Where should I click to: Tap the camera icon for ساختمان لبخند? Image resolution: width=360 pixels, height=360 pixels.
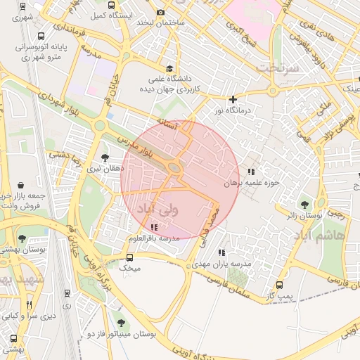161,12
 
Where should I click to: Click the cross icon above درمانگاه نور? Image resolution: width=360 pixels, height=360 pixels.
233,99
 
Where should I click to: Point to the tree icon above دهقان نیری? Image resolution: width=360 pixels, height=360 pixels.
105,157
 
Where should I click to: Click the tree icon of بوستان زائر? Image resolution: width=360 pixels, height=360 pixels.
304,204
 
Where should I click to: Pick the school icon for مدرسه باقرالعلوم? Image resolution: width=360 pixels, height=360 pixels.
154,226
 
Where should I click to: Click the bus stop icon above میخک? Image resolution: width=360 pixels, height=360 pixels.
129,257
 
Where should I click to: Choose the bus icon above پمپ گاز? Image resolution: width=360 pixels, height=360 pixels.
280,285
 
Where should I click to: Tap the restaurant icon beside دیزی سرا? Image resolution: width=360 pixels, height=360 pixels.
29,304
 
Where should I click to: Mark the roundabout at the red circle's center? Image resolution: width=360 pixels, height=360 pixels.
174,168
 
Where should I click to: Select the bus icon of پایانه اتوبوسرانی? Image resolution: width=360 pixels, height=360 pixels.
42,35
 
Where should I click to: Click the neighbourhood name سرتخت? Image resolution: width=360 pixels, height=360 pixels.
277,68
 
